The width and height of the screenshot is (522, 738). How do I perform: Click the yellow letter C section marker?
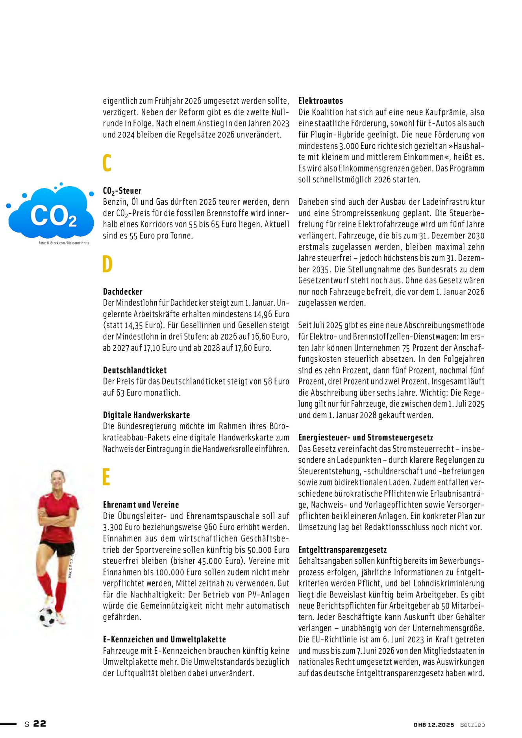(107, 163)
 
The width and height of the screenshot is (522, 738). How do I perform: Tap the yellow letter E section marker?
(106, 477)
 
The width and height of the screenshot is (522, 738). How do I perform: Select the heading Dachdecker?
(122, 292)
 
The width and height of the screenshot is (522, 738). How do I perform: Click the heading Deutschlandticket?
(135, 370)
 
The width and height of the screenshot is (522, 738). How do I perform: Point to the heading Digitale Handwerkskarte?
(146, 415)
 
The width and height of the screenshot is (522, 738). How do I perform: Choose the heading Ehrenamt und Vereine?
(141, 505)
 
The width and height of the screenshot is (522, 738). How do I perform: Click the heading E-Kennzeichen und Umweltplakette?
(164, 639)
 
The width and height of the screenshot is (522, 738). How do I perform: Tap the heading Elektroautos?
(320, 101)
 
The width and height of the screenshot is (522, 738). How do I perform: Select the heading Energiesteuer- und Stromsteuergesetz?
(366, 437)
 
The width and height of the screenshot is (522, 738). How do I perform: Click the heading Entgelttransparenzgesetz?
(342, 549)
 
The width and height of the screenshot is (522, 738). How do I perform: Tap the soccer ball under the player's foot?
(47, 617)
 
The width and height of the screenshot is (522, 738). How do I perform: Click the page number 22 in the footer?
(39, 723)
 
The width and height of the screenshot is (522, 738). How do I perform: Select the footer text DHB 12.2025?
(434, 725)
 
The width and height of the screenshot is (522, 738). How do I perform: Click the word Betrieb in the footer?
(472, 725)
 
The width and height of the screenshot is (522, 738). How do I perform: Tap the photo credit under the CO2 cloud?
(64, 243)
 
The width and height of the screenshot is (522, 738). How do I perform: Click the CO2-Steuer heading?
(122, 191)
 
